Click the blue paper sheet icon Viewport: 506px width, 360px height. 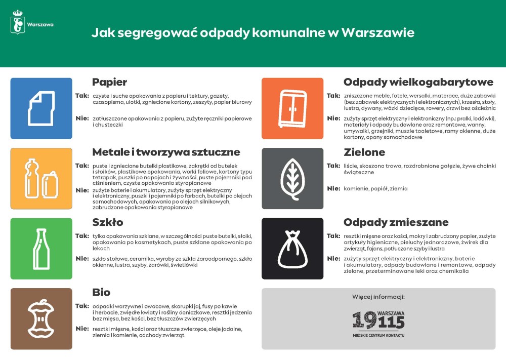pos(41,108)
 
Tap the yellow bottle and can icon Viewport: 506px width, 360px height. pos(41,178)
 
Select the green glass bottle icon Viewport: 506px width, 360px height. pos(41,248)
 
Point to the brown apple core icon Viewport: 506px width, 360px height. pos(41,318)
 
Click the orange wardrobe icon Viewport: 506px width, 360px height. pos(292,108)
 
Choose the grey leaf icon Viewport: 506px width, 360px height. pos(292,178)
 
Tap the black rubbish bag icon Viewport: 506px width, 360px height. pos(292,248)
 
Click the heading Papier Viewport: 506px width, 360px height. pos(109,82)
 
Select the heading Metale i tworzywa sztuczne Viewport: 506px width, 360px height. pos(166,152)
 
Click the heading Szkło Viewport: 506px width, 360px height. pos(107,222)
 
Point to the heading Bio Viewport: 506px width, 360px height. pos(101,293)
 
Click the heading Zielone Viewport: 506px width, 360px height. pos(364,152)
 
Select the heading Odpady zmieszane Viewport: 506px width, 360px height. pos(396,222)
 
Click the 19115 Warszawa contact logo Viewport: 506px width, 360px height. pos(378,322)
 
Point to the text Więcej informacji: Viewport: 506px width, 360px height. pos(378,297)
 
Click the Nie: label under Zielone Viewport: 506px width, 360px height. pos(333,188)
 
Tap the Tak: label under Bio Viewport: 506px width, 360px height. pos(82,306)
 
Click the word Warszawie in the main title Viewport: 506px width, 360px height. pos(378,33)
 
